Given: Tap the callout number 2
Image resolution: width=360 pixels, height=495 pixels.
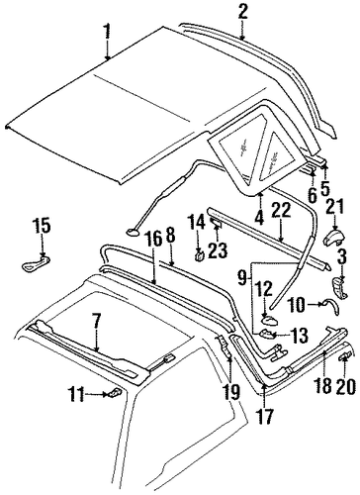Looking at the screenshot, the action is (242, 13).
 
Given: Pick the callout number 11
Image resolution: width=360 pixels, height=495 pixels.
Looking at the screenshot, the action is (76, 395).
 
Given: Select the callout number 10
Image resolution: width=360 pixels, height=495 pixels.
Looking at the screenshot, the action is (297, 304).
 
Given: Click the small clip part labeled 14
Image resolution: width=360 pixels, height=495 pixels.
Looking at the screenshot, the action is (200, 255).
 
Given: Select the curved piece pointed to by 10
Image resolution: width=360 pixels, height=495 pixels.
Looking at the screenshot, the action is (331, 306).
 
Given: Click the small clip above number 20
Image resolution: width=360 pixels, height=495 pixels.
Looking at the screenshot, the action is (345, 356).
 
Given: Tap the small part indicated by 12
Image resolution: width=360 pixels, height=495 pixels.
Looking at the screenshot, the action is (269, 319).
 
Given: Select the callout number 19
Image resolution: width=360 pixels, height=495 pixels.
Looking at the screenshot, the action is (230, 388).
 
